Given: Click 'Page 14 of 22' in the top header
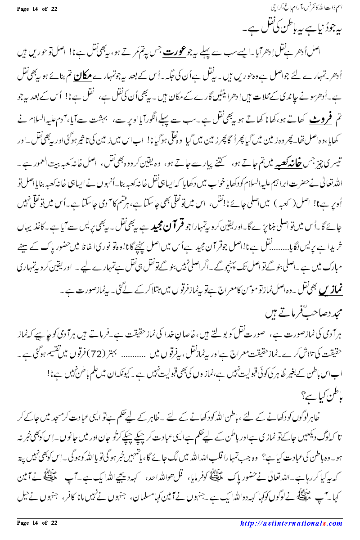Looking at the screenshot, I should click(35, 9).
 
